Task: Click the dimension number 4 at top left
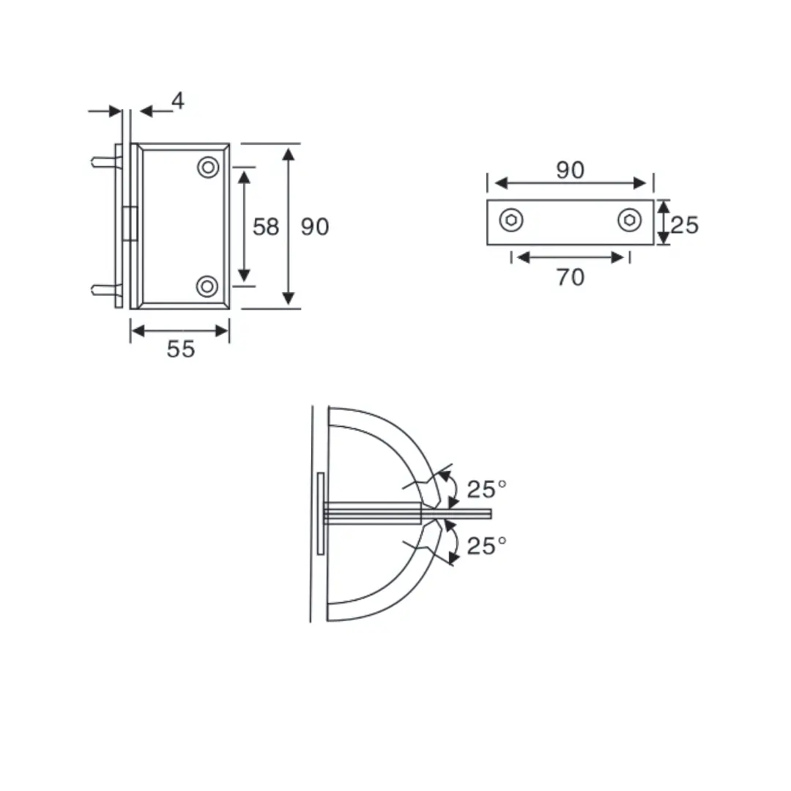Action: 177,101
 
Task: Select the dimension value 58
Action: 266,227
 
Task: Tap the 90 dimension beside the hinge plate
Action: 315,227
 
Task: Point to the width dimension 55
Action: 181,349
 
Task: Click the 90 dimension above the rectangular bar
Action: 570,170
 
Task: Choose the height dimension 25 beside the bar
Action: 685,224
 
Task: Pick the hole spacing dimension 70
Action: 570,278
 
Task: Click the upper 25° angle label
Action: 487,489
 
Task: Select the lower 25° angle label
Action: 487,546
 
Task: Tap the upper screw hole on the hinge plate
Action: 208,168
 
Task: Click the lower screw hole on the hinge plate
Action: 208,286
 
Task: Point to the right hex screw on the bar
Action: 628,220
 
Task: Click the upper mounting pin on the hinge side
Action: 103,163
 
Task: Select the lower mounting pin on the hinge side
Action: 103,290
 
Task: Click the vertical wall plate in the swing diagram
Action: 320,513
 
